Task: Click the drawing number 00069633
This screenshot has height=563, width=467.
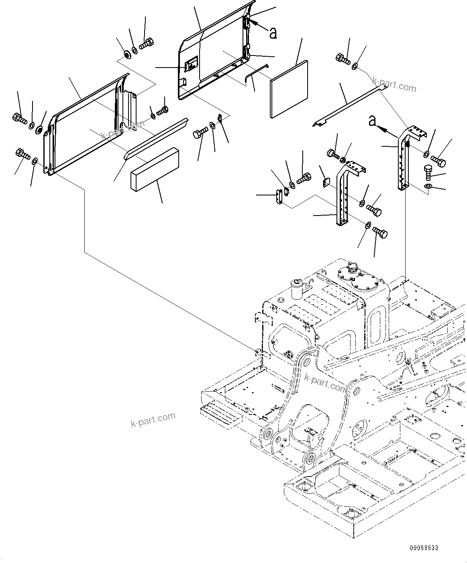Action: (424, 548)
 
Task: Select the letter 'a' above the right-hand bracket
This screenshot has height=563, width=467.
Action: (373, 120)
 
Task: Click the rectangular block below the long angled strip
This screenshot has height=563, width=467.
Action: (154, 168)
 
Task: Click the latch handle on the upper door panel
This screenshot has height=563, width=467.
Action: (191, 65)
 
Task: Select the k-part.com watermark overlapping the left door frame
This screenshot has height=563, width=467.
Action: (122, 130)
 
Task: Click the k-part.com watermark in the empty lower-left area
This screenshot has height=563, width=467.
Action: (153, 420)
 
